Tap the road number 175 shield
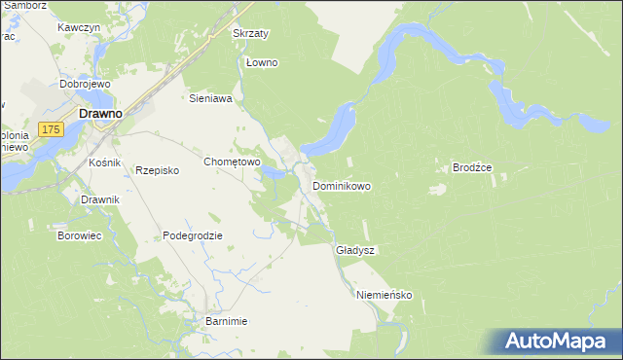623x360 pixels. click(52, 128)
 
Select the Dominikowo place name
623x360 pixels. click(341, 185)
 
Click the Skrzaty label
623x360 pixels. click(250, 33)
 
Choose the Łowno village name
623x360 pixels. click(262, 63)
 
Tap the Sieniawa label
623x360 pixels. click(209, 98)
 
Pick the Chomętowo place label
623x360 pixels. click(231, 162)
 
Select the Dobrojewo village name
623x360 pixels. click(82, 84)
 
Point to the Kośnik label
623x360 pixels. click(104, 162)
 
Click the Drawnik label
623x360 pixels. click(100, 199)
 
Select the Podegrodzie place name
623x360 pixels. click(193, 235)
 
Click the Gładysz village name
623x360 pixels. click(354, 250)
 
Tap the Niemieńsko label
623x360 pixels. click(385, 294)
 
